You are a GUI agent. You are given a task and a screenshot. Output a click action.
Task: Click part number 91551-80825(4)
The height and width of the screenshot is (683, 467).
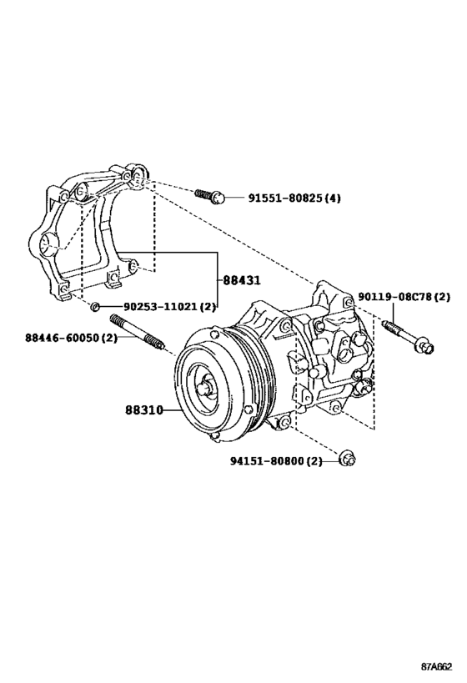[x=294, y=198]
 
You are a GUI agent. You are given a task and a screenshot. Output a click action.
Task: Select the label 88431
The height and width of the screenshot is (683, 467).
[x=241, y=281]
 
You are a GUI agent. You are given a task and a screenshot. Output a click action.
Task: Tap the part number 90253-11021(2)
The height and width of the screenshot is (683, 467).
[x=164, y=307]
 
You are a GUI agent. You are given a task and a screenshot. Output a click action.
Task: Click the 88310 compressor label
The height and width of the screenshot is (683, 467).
[x=143, y=410]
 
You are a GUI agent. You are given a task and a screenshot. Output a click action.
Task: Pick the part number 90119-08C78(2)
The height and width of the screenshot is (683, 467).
[x=404, y=297]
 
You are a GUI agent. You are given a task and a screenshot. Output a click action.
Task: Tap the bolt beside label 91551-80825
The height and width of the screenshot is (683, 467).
[x=209, y=197]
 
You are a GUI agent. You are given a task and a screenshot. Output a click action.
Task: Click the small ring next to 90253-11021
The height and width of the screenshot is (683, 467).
[x=97, y=307]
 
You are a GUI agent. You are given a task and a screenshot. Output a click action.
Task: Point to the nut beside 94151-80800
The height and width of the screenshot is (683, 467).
[x=348, y=459]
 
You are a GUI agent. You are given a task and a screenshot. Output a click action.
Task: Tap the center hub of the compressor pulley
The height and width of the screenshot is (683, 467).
[x=204, y=386]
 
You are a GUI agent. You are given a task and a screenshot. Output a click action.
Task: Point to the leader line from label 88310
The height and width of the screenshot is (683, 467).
[x=171, y=410]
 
